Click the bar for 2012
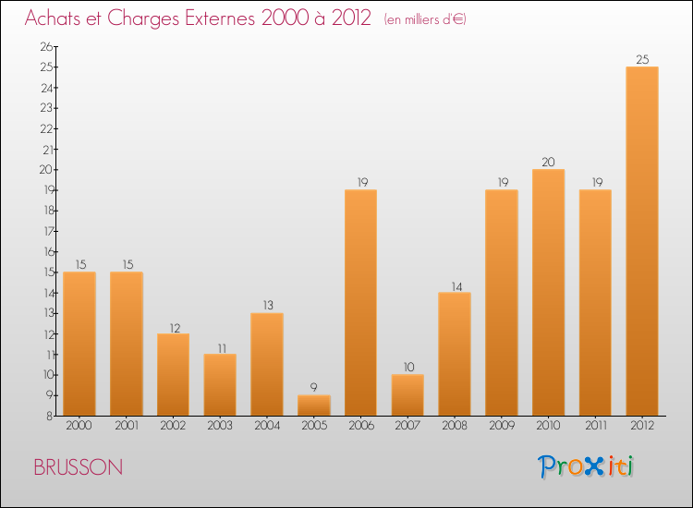click(x=641, y=240)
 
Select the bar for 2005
click(x=313, y=405)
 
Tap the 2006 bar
click(x=360, y=302)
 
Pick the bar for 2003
click(x=220, y=384)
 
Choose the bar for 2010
click(x=548, y=292)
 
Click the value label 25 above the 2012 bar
click(x=641, y=60)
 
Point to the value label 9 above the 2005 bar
click(x=313, y=388)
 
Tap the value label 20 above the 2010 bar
click(x=548, y=163)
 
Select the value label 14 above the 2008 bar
click(x=455, y=285)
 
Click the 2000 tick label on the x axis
click(x=79, y=426)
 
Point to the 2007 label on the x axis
click(x=407, y=426)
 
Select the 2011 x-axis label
click(x=595, y=426)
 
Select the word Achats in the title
click(x=52, y=18)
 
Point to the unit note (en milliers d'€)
click(x=425, y=19)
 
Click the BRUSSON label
click(x=78, y=467)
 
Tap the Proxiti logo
click(x=586, y=466)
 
